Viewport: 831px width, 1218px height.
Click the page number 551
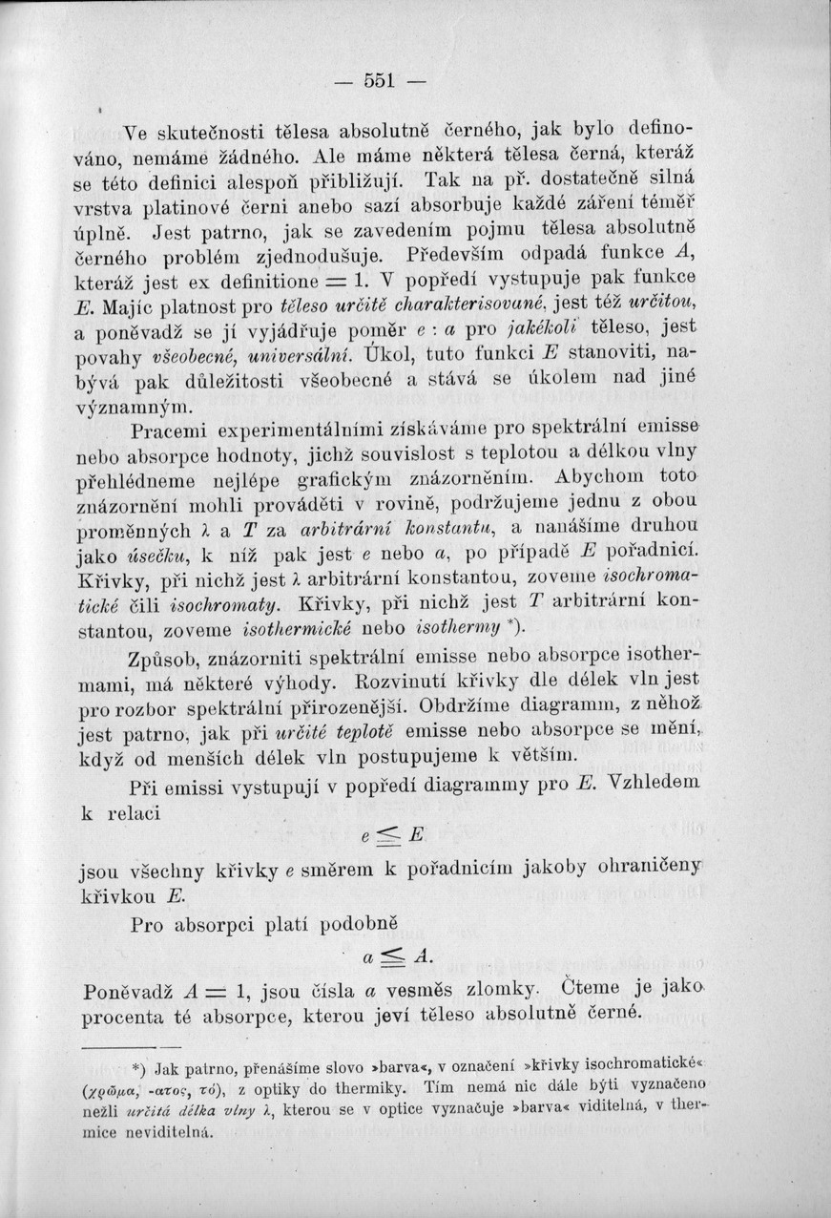pos(379,80)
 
